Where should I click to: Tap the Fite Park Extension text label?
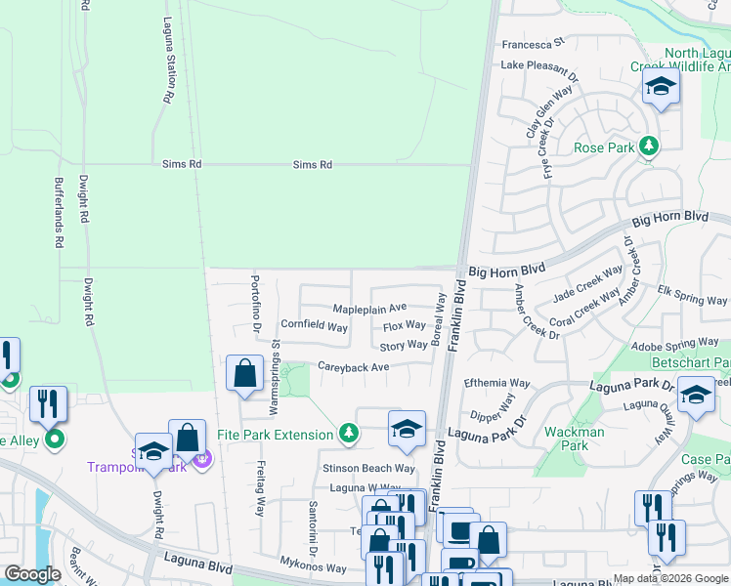(275, 434)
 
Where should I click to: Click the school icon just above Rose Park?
(661, 89)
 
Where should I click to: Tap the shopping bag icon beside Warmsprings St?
(244, 374)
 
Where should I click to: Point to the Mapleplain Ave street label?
(369, 308)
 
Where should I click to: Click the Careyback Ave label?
(353, 367)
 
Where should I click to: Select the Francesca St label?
(534, 44)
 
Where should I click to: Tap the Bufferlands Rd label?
(59, 212)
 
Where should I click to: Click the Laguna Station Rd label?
(168, 61)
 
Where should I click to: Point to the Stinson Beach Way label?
(362, 469)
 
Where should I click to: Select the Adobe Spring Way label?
(674, 345)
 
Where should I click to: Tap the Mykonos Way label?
(316, 567)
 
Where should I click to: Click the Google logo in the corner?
(32, 574)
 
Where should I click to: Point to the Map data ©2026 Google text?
(670, 578)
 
